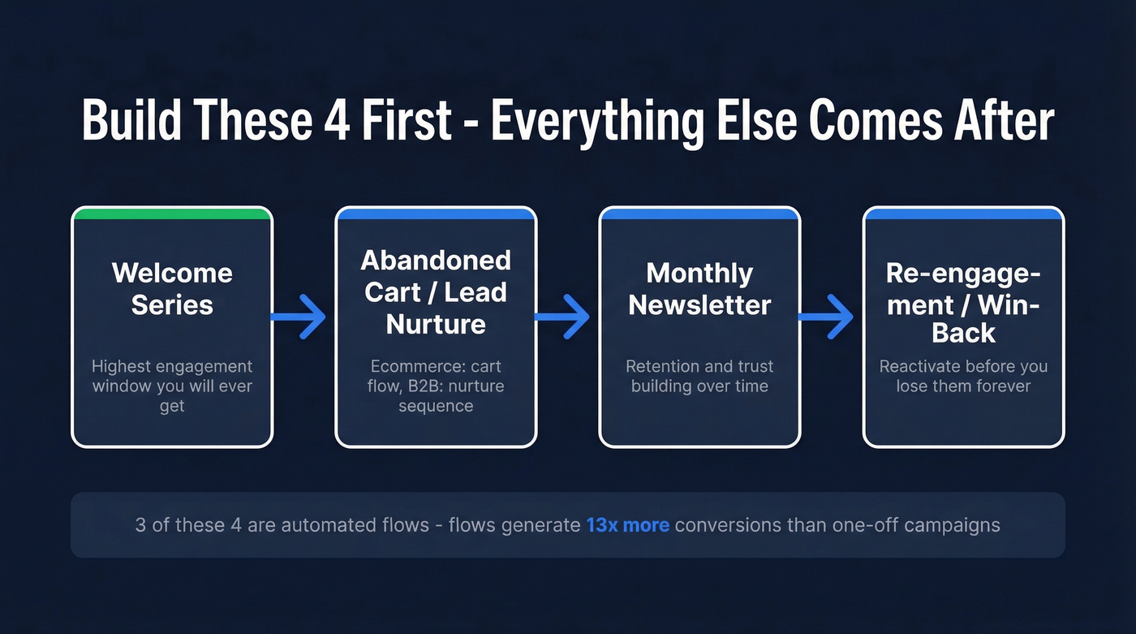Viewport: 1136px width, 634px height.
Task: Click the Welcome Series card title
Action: tap(172, 288)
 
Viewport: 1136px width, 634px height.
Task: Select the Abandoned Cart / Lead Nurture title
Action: tap(436, 292)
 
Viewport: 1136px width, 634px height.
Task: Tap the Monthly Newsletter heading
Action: tap(699, 288)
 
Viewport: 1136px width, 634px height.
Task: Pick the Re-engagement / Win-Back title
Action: tap(963, 303)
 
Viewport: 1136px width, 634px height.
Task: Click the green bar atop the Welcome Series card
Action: tap(172, 214)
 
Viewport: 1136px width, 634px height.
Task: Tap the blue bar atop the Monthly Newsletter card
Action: tap(699, 214)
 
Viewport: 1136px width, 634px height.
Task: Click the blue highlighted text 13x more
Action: tap(627, 524)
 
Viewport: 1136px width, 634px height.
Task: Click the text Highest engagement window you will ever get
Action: tap(172, 386)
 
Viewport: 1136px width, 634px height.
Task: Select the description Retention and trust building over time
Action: tap(699, 376)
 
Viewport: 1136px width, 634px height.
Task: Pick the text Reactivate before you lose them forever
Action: tap(963, 376)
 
